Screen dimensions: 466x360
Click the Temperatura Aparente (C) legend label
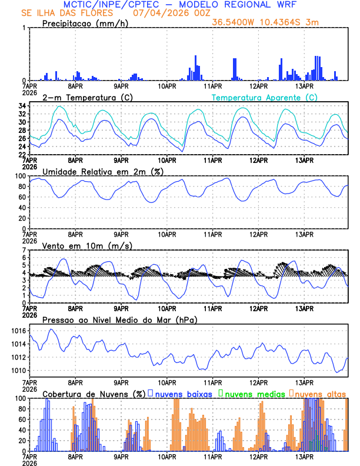(264, 97)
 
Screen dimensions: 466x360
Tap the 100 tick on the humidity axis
(20, 176)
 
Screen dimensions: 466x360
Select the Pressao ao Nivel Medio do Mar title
(119, 320)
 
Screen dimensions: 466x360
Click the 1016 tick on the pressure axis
(18, 331)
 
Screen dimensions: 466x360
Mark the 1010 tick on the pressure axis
(18, 371)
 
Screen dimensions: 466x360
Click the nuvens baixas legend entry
(183, 393)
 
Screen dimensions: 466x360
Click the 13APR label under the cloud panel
(304, 457)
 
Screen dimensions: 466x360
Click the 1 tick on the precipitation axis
(24, 28)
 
